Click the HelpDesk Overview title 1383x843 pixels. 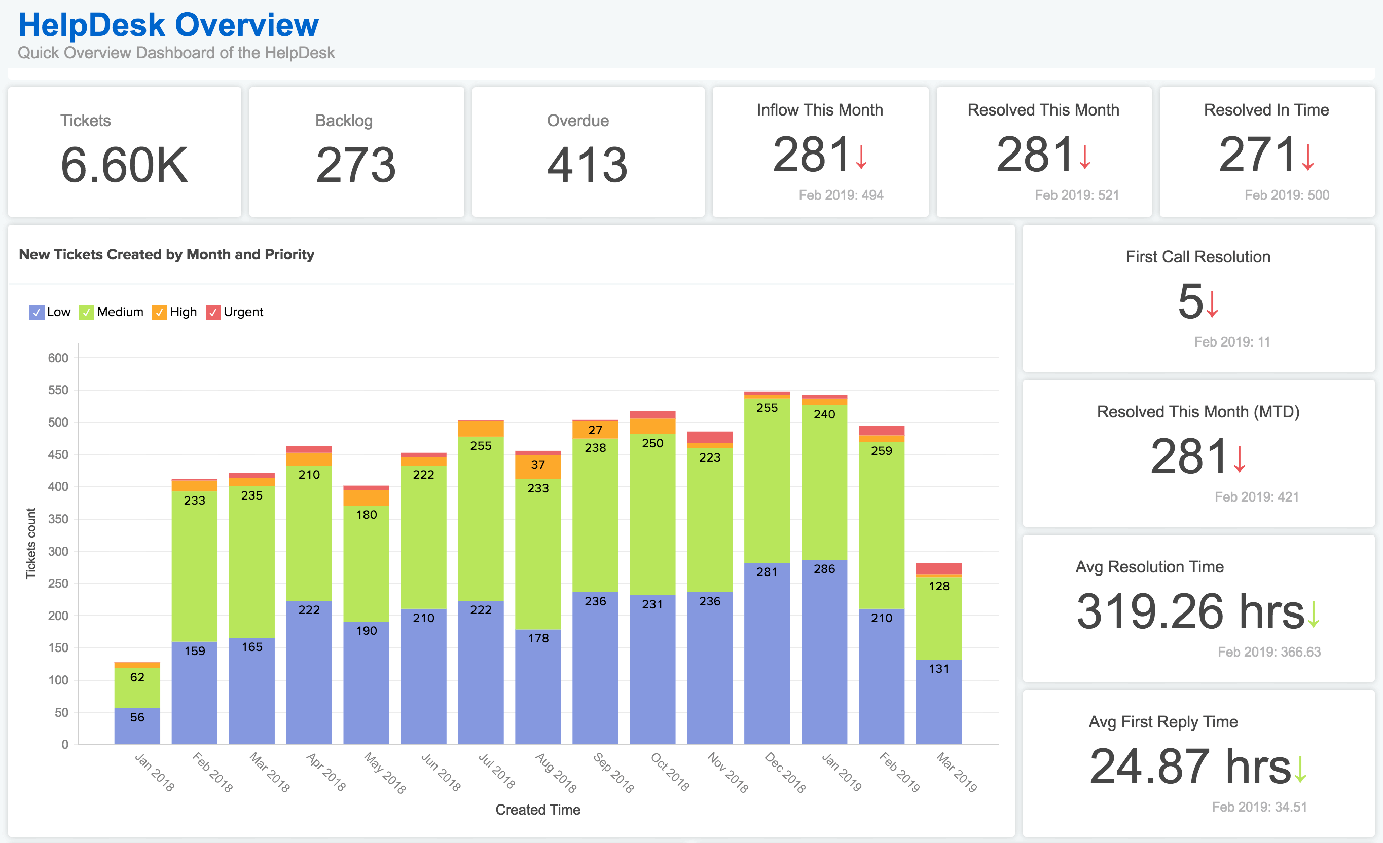168,25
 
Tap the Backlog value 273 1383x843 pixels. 356,165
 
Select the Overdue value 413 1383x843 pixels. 587,165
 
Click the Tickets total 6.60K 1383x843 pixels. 124,165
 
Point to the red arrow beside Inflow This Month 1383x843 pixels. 861,157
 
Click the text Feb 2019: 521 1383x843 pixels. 1077,195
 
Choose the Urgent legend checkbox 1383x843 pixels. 213,313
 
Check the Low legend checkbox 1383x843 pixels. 37,313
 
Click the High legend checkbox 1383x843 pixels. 159,313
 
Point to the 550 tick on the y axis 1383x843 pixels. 58,390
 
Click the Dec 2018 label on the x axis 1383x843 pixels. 785,773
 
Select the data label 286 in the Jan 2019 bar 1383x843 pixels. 824,569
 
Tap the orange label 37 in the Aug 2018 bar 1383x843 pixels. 538,465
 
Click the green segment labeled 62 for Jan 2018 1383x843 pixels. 137,677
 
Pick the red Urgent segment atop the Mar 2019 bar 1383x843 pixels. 938,568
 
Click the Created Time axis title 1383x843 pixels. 538,810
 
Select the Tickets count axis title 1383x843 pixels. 31,543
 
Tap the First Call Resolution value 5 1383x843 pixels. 1190,302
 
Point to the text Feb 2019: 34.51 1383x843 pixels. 1259,807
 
